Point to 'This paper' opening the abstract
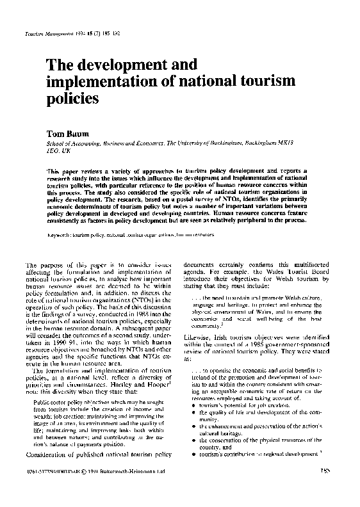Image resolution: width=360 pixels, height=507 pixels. (60, 172)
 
